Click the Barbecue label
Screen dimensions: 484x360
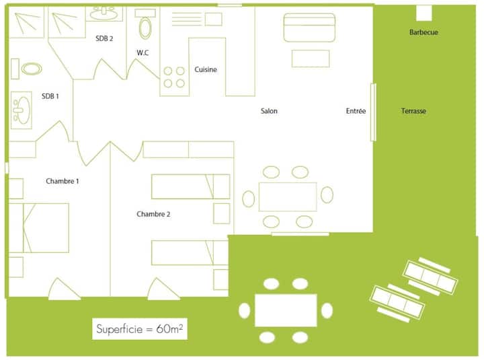click(x=424, y=32)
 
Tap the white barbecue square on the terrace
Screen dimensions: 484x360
click(x=424, y=13)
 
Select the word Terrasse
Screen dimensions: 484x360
click(x=413, y=111)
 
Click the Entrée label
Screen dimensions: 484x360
click(x=356, y=111)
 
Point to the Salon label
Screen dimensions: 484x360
click(x=269, y=111)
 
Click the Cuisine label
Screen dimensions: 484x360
click(x=206, y=69)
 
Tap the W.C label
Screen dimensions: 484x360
click(x=143, y=53)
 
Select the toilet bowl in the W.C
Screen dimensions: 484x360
click(x=145, y=28)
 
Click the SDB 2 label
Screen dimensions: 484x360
click(x=104, y=38)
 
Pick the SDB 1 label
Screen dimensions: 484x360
click(x=50, y=96)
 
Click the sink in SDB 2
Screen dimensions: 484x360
click(x=104, y=14)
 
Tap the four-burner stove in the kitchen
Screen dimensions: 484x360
click(x=174, y=77)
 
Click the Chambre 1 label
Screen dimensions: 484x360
click(x=63, y=181)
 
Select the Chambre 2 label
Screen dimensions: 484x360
click(x=153, y=214)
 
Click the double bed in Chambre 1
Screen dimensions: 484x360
click(x=38, y=228)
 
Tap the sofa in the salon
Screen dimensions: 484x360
click(x=309, y=28)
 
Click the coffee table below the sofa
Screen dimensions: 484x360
click(x=311, y=59)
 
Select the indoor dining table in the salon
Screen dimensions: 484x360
click(x=288, y=197)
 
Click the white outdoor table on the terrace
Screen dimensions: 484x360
click(x=286, y=310)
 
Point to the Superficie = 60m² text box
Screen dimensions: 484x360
click(x=140, y=329)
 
